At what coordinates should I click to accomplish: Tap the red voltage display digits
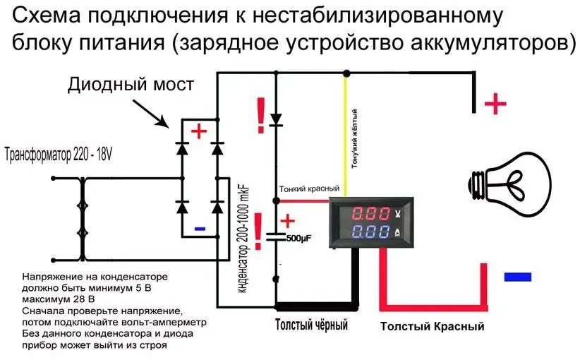point(368,213)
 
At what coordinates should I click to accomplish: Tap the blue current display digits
point(368,232)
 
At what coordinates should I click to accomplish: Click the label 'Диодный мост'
point(131,85)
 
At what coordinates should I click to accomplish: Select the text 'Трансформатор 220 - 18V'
point(59,153)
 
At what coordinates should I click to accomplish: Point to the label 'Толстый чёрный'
point(311,326)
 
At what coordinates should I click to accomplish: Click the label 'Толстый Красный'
point(432,327)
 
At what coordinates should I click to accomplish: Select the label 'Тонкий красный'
point(309,189)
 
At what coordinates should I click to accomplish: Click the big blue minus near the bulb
point(517,277)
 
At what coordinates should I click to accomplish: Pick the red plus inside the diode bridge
point(200,131)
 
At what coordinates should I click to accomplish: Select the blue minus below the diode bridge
point(200,229)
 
